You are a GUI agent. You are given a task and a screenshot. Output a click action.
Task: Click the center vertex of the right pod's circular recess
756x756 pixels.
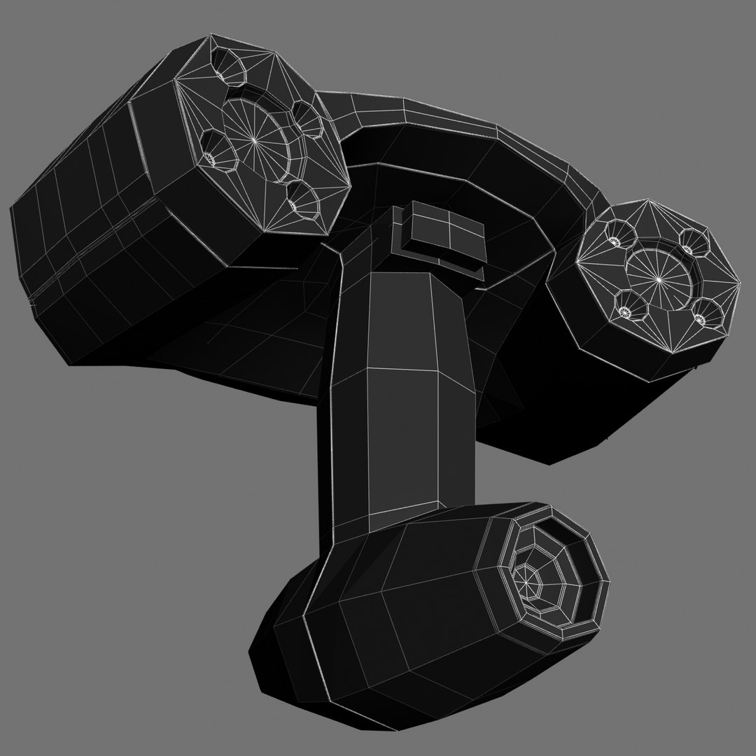click(x=659, y=279)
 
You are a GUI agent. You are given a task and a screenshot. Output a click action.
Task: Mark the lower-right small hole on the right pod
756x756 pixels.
click(x=700, y=319)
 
